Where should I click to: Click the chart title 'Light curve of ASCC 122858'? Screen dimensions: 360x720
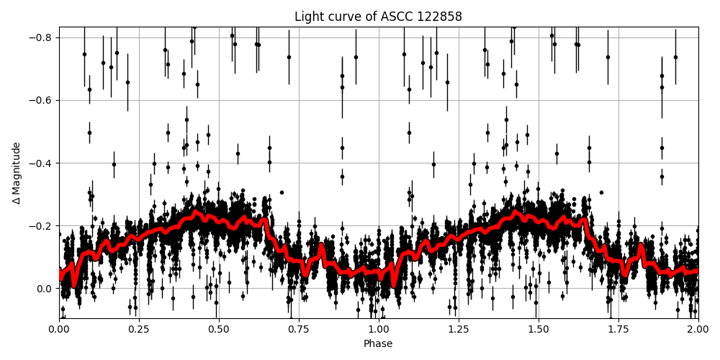(378, 17)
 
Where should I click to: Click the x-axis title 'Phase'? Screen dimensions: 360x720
(378, 344)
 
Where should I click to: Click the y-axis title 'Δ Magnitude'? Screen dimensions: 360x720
(17, 173)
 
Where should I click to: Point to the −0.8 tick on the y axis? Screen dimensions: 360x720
(41, 37)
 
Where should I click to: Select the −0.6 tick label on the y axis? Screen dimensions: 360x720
(41, 100)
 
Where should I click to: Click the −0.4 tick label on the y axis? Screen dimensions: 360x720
(41, 163)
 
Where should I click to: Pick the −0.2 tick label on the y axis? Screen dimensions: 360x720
(41, 225)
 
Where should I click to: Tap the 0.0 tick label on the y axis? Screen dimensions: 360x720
(45, 288)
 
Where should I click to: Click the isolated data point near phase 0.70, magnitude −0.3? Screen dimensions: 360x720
(282, 192)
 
